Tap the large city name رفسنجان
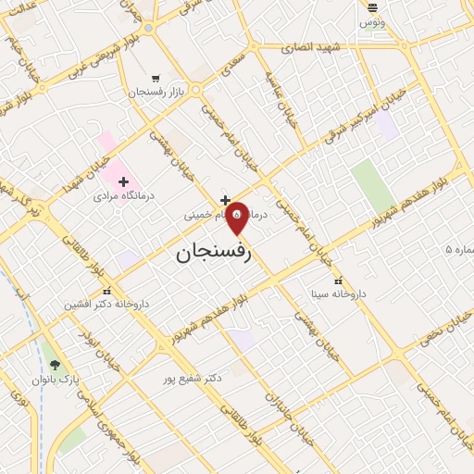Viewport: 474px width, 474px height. pyautogui.click(x=214, y=251)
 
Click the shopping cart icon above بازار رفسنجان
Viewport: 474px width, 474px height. pyautogui.click(x=156, y=78)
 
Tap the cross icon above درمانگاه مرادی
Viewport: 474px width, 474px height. pyautogui.click(x=123, y=181)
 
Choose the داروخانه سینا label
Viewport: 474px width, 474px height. pyautogui.click(x=338, y=293)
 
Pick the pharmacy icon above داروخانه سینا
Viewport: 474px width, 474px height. pyautogui.click(x=338, y=280)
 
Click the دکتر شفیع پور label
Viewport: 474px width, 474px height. pyautogui.click(x=193, y=379)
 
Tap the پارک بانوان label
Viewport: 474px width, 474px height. pyautogui.click(x=57, y=380)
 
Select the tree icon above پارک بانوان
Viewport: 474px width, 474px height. pyautogui.click(x=55, y=365)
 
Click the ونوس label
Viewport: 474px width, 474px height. pyautogui.click(x=373, y=20)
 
